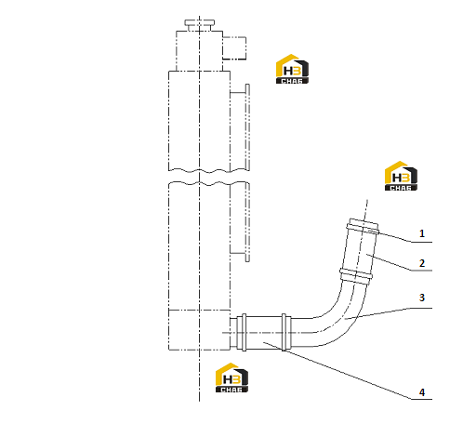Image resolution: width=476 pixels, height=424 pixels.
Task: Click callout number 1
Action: pos(422,233)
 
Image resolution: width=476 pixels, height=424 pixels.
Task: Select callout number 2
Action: pos(422,263)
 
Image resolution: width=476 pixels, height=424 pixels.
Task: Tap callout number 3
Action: pos(422,298)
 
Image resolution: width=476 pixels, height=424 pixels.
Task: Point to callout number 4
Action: pos(422,392)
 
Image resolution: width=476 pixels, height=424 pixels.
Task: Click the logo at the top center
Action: pos(292,69)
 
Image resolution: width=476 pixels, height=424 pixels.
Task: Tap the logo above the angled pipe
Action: pos(401,176)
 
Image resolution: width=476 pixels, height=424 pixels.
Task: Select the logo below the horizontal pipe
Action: pos(231,378)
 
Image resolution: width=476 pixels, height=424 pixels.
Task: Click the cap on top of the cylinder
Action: pos(200,25)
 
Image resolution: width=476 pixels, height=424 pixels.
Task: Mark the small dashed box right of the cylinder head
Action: pos(234,48)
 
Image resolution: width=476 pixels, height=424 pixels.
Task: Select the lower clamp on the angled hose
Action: pos(356,276)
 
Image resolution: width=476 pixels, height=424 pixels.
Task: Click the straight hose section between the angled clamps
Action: pos(360,251)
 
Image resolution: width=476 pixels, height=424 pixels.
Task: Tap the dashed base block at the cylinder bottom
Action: pos(199,330)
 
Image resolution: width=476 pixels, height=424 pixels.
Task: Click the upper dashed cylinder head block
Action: pos(199,51)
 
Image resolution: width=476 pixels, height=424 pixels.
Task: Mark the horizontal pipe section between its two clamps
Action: pos(264,332)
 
